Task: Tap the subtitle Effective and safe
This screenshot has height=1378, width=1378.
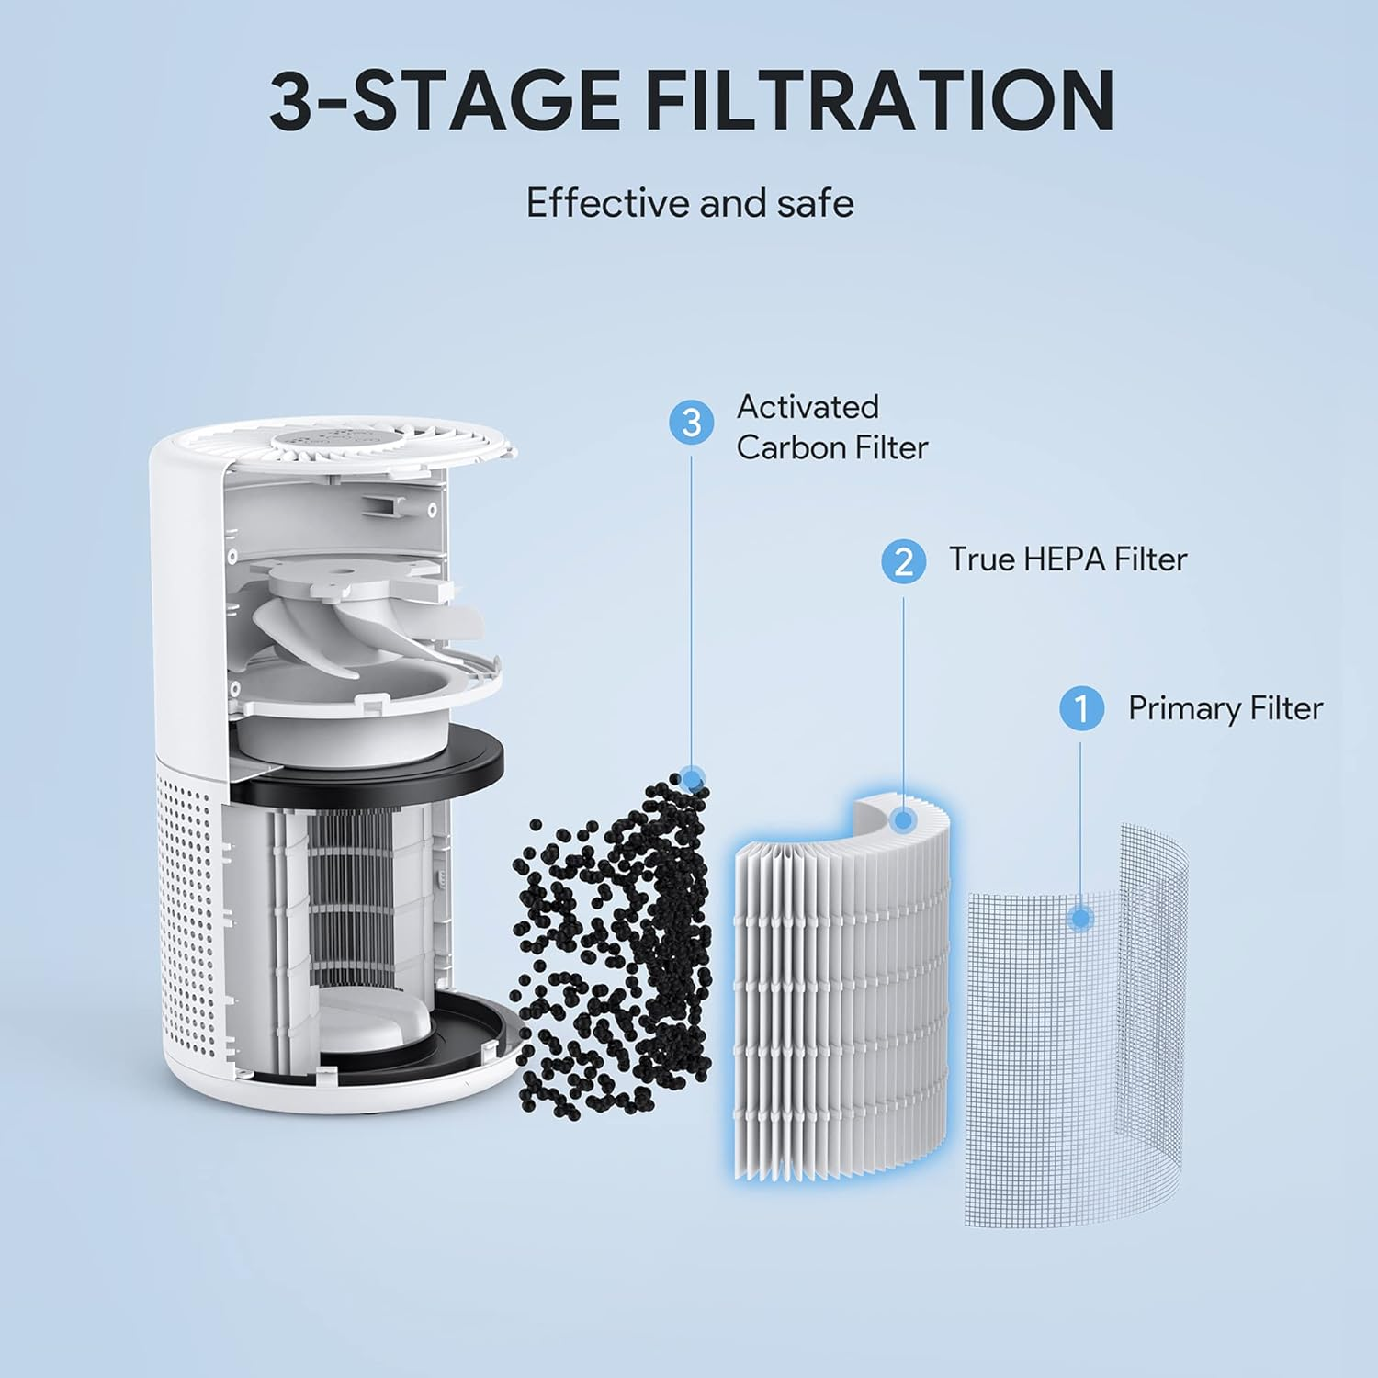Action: pyautogui.click(x=689, y=203)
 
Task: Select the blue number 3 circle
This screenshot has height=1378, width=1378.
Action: pyautogui.click(x=692, y=423)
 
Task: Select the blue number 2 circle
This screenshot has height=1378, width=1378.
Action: pyautogui.click(x=903, y=560)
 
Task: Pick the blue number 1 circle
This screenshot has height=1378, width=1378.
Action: pyautogui.click(x=1081, y=709)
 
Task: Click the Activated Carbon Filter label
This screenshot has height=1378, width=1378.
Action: pyautogui.click(x=831, y=427)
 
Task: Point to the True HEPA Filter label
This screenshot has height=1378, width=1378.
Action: pyautogui.click(x=1067, y=559)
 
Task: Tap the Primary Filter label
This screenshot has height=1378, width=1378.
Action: pyautogui.click(x=1225, y=708)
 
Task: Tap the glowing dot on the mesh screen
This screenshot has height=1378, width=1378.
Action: pyautogui.click(x=1081, y=918)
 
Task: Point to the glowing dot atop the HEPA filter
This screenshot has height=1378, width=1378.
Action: pyautogui.click(x=903, y=819)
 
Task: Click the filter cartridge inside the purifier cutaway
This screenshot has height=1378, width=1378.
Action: pyautogui.click(x=358, y=900)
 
